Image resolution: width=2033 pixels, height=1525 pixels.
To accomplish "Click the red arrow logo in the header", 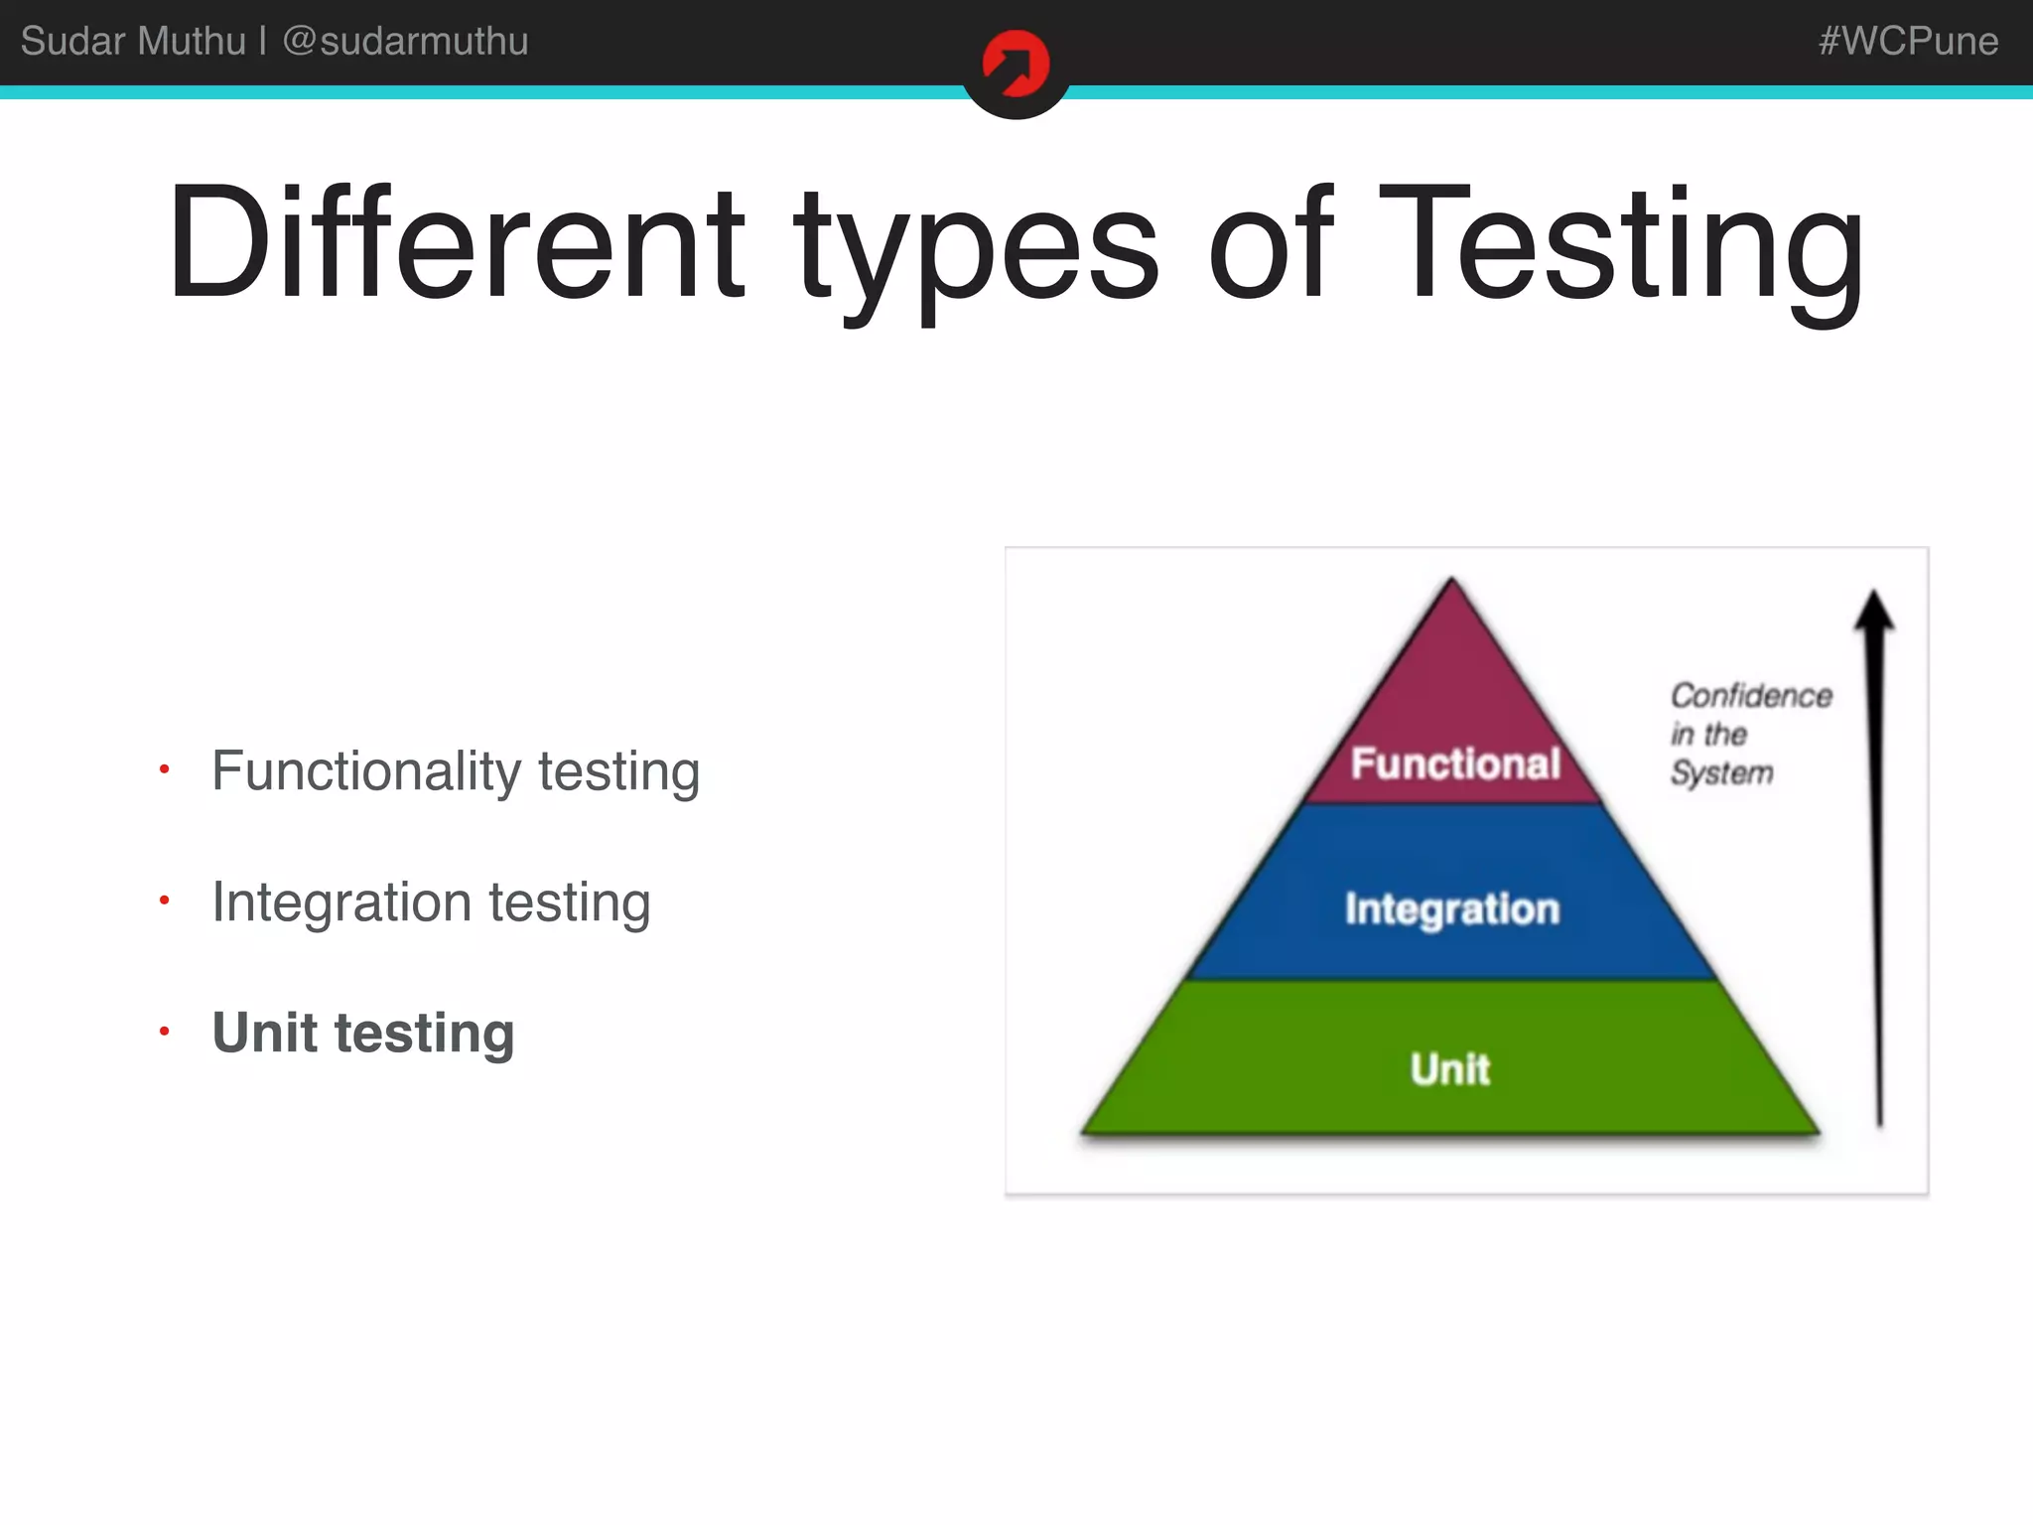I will [x=1016, y=65].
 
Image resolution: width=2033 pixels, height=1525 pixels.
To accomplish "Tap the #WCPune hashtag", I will [x=1907, y=41].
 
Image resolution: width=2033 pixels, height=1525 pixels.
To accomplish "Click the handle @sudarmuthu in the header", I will [x=405, y=41].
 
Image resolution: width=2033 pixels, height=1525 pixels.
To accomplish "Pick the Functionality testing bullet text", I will [x=456, y=771].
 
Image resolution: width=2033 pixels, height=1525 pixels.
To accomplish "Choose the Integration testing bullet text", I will [x=431, y=902].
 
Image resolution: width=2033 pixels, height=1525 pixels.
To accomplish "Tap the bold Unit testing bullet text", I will [x=363, y=1033].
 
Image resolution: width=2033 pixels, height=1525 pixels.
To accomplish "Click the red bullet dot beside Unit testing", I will [x=165, y=1032].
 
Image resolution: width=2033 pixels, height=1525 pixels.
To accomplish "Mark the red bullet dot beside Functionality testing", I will [x=165, y=769].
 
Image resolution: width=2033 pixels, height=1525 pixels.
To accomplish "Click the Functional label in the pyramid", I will [x=1455, y=763].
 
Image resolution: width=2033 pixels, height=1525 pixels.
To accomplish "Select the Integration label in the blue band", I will [x=1452, y=908].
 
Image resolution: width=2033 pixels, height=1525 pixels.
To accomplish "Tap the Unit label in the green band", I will [x=1450, y=1069].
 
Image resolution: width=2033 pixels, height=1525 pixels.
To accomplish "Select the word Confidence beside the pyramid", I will [x=1751, y=695].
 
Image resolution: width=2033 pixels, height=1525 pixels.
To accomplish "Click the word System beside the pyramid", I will [x=1721, y=772].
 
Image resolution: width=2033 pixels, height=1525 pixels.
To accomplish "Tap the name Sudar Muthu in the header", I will [x=133, y=41].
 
